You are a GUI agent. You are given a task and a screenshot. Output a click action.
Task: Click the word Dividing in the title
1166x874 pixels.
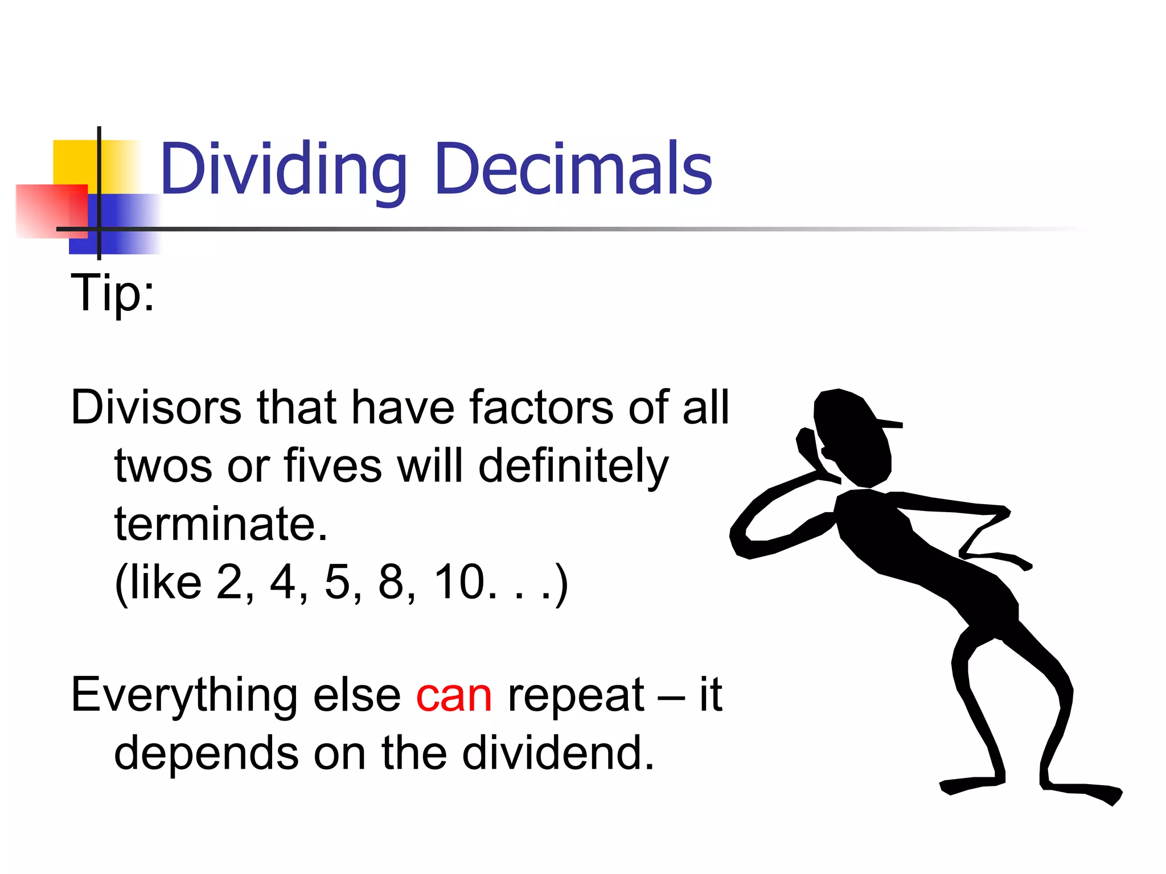click(283, 170)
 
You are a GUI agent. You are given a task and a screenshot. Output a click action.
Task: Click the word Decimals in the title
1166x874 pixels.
click(573, 170)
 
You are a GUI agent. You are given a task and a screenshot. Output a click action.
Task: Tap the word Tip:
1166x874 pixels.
click(112, 294)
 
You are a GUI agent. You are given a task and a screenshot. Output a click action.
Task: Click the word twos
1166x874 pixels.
click(163, 467)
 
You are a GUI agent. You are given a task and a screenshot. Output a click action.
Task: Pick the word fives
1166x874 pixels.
click(332, 467)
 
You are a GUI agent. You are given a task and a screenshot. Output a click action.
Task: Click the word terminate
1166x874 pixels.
click(221, 525)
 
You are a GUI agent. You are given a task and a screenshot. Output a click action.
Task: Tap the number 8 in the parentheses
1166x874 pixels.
click(391, 583)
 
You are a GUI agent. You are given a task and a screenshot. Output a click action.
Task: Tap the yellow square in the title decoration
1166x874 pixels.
click(74, 162)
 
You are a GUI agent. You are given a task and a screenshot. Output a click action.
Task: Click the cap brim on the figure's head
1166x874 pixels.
click(888, 423)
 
